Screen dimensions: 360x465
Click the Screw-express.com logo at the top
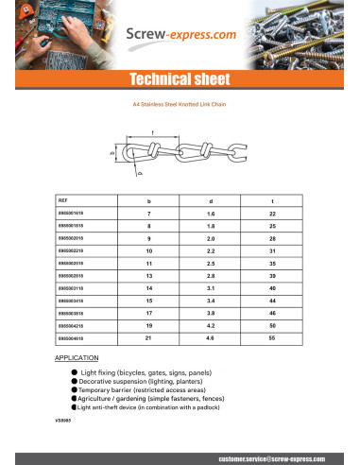pyautogui.click(x=180, y=35)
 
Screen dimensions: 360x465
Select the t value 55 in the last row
pyautogui.click(x=273, y=336)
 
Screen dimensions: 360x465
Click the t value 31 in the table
pyautogui.click(x=273, y=251)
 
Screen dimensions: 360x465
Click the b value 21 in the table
pyautogui.click(x=149, y=336)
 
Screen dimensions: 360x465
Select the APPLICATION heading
pyautogui.click(x=78, y=361)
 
